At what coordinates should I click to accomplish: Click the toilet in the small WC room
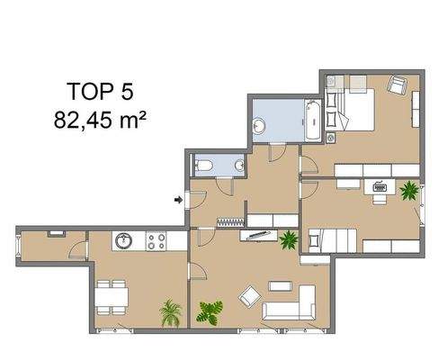point(204,165)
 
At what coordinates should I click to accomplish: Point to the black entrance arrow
point(178,199)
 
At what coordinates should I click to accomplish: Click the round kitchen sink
point(123,241)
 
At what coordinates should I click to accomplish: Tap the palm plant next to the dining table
point(169,313)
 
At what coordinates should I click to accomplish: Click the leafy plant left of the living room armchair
point(210,311)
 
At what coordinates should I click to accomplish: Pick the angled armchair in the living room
point(248,294)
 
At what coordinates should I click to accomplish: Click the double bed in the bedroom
point(355,110)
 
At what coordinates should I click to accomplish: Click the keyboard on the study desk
point(378,188)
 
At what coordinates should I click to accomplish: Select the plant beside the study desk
point(410,190)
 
